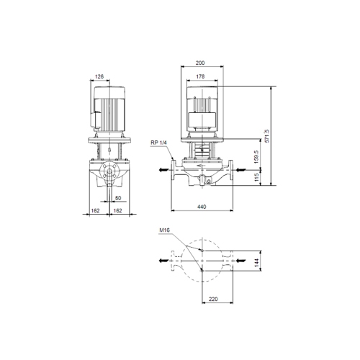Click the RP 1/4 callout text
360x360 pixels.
160,143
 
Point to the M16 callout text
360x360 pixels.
165,231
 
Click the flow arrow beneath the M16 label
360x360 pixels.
165,259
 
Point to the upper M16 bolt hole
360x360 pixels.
203,249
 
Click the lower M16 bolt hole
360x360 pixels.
203,269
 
